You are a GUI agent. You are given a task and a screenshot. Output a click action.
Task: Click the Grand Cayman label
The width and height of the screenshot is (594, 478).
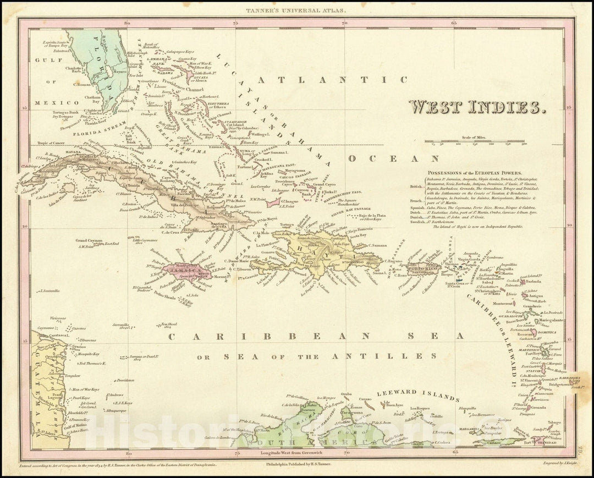(87, 240)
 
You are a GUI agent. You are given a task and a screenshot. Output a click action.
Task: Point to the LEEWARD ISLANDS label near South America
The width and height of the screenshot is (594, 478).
(417, 394)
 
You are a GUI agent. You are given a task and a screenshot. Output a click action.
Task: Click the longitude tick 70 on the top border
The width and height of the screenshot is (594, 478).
(345, 23)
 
